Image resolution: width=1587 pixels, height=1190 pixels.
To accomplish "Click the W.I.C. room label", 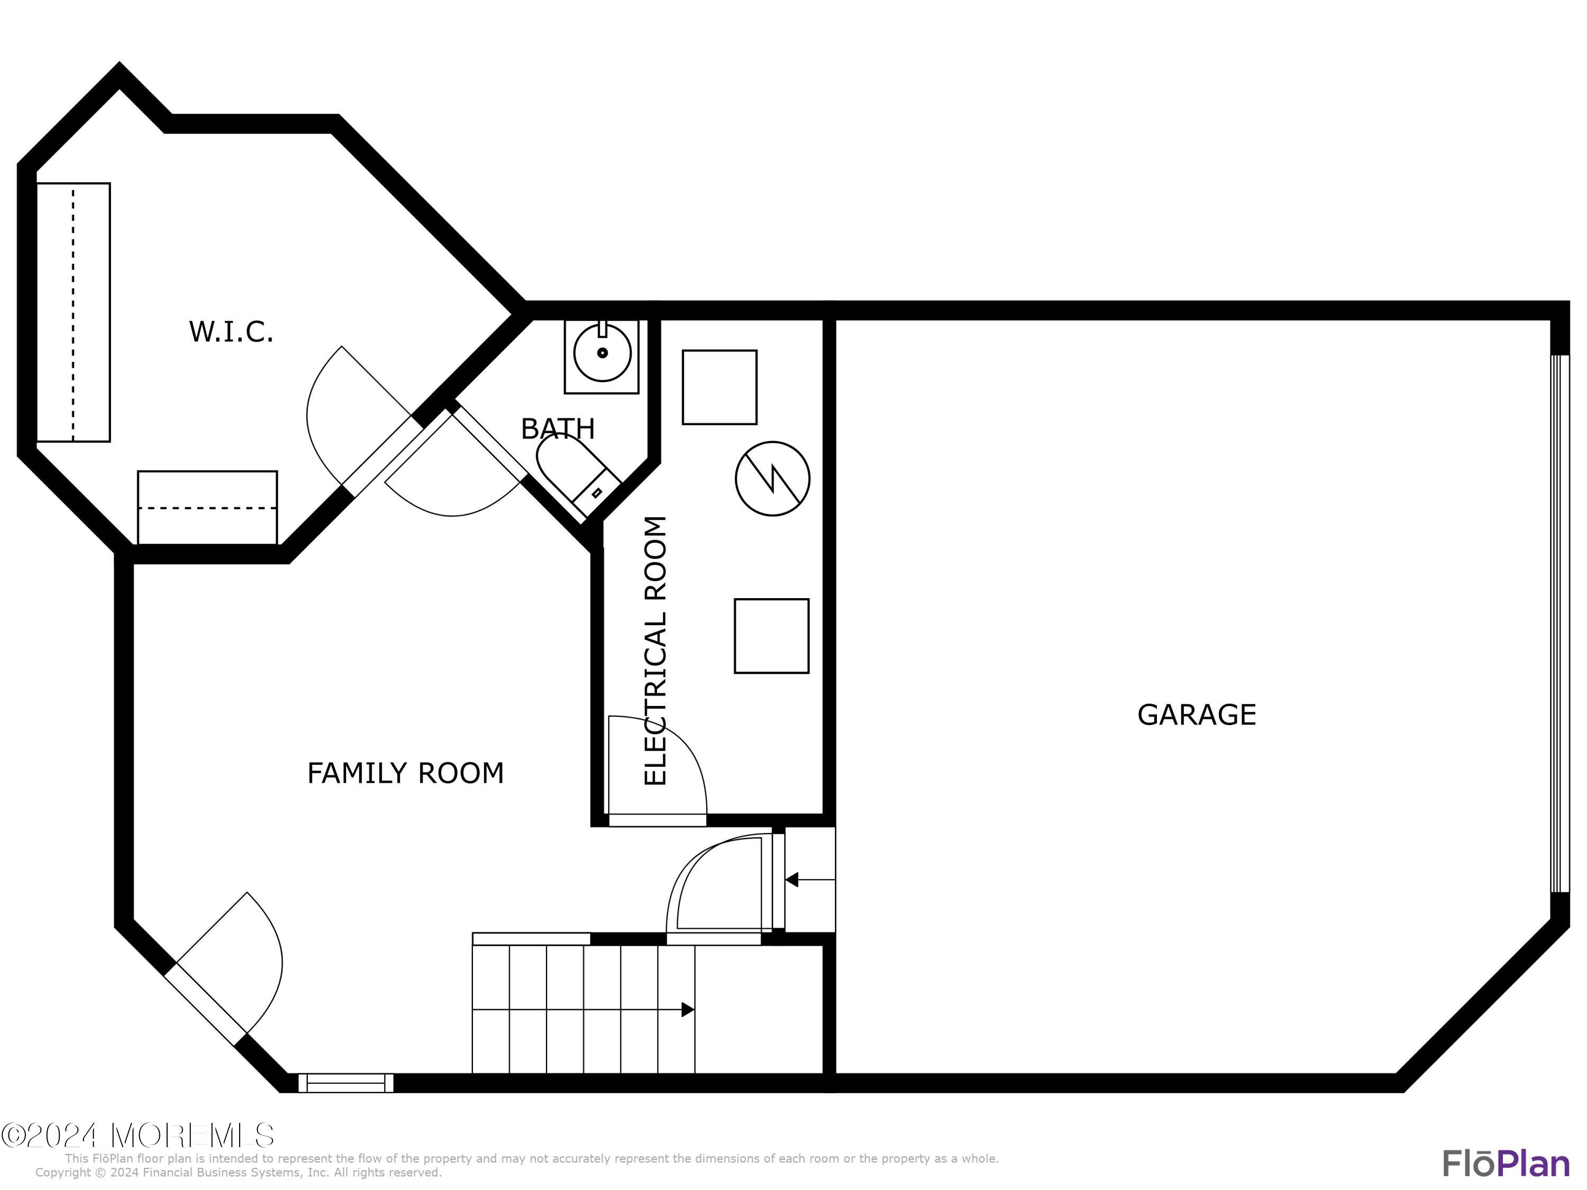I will pyautogui.click(x=231, y=332).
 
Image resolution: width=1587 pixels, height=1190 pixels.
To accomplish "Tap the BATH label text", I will pyautogui.click(x=558, y=429).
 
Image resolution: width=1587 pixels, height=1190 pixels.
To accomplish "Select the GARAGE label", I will pyautogui.click(x=1196, y=715).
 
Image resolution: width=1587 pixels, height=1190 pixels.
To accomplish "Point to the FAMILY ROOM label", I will pyautogui.click(x=405, y=773).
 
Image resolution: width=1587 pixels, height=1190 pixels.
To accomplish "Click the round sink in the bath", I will pyautogui.click(x=602, y=353).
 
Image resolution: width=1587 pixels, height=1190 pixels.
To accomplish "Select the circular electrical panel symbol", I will pyautogui.click(x=772, y=479).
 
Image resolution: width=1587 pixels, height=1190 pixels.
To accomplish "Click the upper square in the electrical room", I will pyautogui.click(x=719, y=387).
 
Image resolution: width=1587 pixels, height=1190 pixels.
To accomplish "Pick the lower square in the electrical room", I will pyautogui.click(x=771, y=636).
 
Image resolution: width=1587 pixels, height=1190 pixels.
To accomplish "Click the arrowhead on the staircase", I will pyautogui.click(x=687, y=1010).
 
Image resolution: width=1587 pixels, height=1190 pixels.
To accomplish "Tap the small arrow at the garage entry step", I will pyautogui.click(x=792, y=880).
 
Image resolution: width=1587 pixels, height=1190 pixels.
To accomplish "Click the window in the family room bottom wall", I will pyautogui.click(x=346, y=1083).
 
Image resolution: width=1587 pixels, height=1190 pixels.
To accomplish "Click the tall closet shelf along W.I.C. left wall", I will pyautogui.click(x=73, y=312).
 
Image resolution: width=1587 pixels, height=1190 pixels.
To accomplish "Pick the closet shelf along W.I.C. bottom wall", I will pyautogui.click(x=207, y=507).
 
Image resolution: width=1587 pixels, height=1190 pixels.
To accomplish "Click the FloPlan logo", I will pyautogui.click(x=1505, y=1164).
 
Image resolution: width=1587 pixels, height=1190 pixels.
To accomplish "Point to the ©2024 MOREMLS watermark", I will pyautogui.click(x=138, y=1136).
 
